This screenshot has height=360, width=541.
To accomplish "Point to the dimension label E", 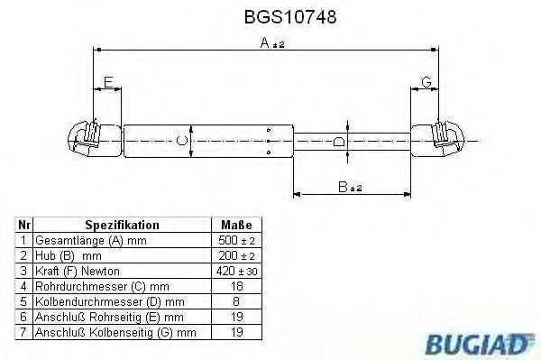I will tap(108, 83).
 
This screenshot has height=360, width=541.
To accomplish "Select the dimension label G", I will tap(426, 83).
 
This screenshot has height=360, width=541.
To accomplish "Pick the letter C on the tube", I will tap(181, 140).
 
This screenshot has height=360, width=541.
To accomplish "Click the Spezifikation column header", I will tap(122, 225).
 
